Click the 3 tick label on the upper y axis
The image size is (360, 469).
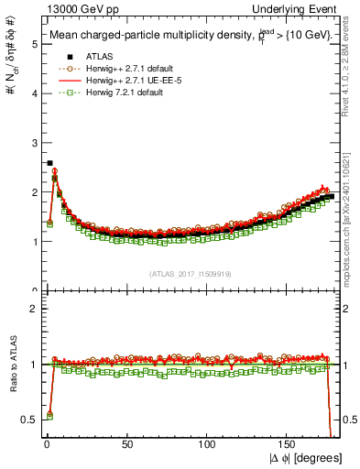pyautogui.click(x=32, y=142)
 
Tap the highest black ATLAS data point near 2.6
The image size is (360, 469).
pyautogui.click(x=49, y=163)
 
